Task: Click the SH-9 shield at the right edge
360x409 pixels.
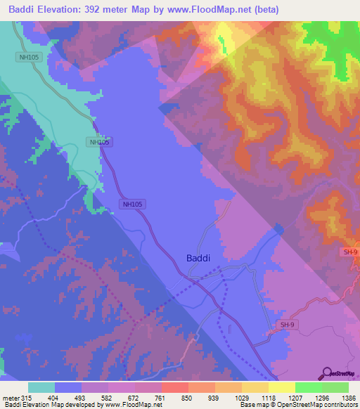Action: [351, 252]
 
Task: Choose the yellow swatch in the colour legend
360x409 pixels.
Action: [281, 387]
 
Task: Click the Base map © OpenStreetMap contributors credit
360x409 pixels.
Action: [298, 405]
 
